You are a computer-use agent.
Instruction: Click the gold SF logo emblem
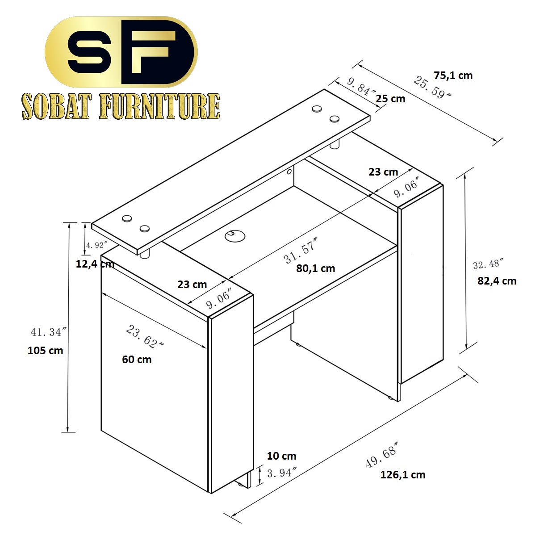(x=121, y=52)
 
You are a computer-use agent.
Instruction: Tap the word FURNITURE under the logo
(x=159, y=106)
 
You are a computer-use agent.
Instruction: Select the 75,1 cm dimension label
(x=453, y=75)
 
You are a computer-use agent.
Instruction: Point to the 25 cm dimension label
(x=390, y=99)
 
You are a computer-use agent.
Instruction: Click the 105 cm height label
(x=46, y=351)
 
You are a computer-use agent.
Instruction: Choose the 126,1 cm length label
(x=403, y=474)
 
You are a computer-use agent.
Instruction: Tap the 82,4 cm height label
(x=497, y=281)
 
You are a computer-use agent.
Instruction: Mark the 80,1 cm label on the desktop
(x=315, y=268)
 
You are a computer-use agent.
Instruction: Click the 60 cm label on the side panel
(x=137, y=360)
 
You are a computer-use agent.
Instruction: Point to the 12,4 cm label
(x=95, y=264)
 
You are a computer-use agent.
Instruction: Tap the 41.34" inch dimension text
(x=49, y=332)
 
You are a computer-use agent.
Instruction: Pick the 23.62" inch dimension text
(x=144, y=337)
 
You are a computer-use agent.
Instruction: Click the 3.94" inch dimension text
(x=282, y=473)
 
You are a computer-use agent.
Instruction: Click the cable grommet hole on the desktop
(x=235, y=236)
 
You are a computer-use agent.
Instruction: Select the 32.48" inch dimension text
(x=488, y=264)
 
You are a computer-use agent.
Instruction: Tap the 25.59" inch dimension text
(x=432, y=88)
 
